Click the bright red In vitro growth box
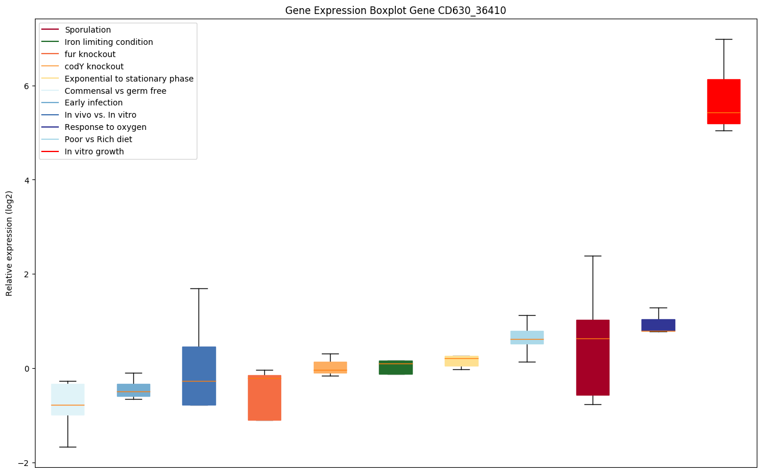click(x=724, y=101)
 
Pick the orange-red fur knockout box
click(x=264, y=397)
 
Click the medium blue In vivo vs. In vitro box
click(x=199, y=376)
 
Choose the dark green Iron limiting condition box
click(x=396, y=367)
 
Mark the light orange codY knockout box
click(x=330, y=367)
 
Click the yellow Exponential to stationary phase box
click(x=462, y=361)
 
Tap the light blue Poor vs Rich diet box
click(x=527, y=337)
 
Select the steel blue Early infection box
click(x=133, y=390)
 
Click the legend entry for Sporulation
click(x=88, y=30)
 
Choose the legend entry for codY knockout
click(x=94, y=66)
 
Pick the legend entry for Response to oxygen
click(x=105, y=127)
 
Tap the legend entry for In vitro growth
click(x=94, y=151)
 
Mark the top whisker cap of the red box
click(x=724, y=39)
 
